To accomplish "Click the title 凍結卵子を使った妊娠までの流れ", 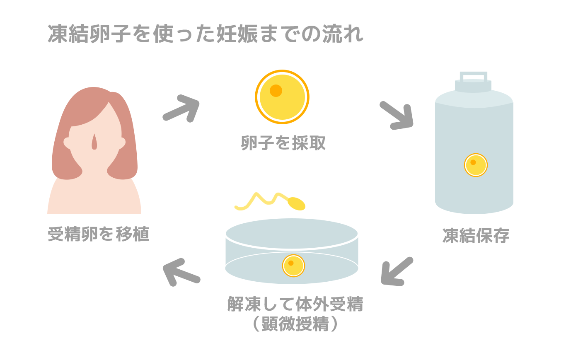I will pyautogui.click(x=206, y=34).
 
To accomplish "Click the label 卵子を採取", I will pyautogui.click(x=283, y=143).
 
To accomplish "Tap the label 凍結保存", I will pyautogui.click(x=475, y=236).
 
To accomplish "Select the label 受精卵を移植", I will pyautogui.click(x=98, y=235).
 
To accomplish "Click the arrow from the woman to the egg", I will pyautogui.click(x=182, y=109).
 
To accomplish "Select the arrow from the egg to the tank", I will pyautogui.click(x=397, y=115).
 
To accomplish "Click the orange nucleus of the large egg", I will pyautogui.click(x=276, y=90).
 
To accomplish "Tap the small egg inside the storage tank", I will pyautogui.click(x=475, y=165).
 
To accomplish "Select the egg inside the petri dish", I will pyautogui.click(x=293, y=266).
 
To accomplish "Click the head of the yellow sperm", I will pyautogui.click(x=296, y=203).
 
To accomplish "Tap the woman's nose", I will pyautogui.click(x=94, y=142).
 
